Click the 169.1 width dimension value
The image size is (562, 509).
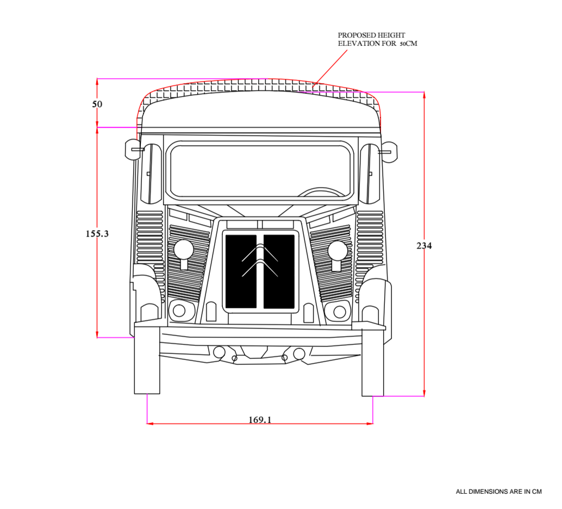260,419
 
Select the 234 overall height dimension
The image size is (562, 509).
424,246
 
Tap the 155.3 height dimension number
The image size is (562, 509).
97,234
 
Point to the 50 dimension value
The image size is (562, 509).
97,104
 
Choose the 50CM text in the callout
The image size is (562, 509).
408,44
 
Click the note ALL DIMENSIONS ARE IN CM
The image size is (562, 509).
498,492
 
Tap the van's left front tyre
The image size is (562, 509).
147,360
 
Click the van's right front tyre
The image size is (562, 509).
372,361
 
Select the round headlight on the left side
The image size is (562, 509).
184,250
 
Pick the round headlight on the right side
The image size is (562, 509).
338,250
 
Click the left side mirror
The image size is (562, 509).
133,149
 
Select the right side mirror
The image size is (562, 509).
389,151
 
